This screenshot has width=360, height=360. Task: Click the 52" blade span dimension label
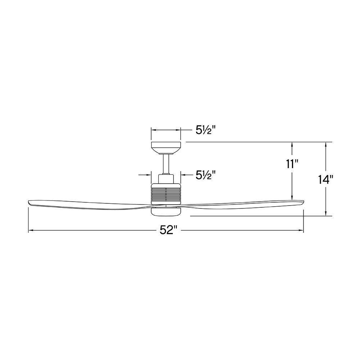pos(169,230)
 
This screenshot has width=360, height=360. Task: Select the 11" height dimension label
pos(292,165)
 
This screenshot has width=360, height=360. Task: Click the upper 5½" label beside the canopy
pos(206,130)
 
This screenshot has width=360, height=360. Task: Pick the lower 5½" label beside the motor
pos(206,175)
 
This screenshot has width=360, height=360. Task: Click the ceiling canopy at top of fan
pos(166,148)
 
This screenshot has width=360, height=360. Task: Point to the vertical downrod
pos(166,164)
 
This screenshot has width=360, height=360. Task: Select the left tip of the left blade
pos(29,202)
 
